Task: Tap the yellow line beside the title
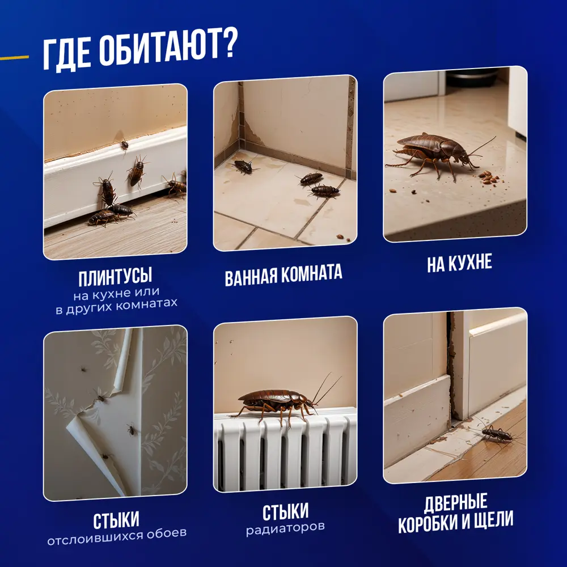pyautogui.click(x=14, y=57)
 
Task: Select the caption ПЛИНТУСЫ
pyautogui.click(x=115, y=278)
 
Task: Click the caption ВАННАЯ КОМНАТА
pyautogui.click(x=283, y=273)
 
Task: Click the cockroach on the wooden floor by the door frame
pyautogui.click(x=496, y=434)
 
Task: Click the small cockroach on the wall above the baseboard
pyautogui.click(x=123, y=145)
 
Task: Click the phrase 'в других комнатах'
pyautogui.click(x=116, y=303)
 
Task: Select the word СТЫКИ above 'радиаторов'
pyautogui.click(x=285, y=512)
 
